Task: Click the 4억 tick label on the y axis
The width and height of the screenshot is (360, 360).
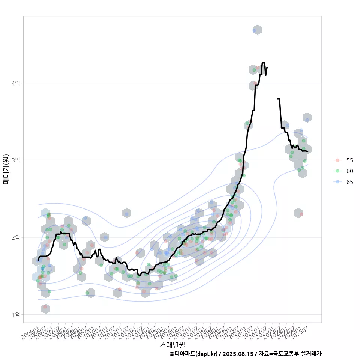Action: tap(16, 83)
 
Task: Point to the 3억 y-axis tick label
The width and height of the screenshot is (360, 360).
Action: tap(16, 160)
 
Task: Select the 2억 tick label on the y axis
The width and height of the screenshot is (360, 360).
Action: tap(16, 237)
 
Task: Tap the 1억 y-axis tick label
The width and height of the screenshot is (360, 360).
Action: tap(16, 314)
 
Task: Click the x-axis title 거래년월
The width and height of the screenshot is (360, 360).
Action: tap(172, 344)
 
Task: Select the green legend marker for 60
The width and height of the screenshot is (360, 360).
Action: tap(337, 171)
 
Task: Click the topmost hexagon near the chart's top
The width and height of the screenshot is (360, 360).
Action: tap(257, 30)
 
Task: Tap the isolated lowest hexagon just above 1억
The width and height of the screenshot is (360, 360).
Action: tap(45, 309)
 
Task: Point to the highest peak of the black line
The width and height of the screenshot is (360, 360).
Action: tap(263, 63)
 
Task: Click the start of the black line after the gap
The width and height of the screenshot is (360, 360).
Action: tap(278, 99)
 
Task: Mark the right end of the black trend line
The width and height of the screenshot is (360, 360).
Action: tap(307, 151)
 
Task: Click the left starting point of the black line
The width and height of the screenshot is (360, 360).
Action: tap(38, 260)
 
